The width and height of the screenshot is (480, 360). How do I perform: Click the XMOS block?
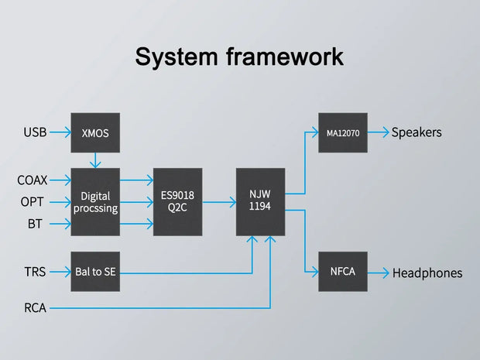pyautogui.click(x=94, y=133)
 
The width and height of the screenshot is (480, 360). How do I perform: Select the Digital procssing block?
pyautogui.click(x=94, y=202)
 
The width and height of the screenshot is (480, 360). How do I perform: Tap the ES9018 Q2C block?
pyautogui.click(x=177, y=202)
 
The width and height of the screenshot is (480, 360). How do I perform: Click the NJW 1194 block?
pyautogui.click(x=260, y=202)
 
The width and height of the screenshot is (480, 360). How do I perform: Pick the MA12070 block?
pyautogui.click(x=342, y=133)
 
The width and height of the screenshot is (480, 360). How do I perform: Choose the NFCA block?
pyautogui.click(x=342, y=272)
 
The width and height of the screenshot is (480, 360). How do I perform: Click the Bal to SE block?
pyautogui.click(x=94, y=272)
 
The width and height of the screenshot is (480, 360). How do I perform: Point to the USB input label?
pyautogui.click(x=35, y=133)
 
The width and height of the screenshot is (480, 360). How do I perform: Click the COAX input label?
pyautogui.click(x=33, y=180)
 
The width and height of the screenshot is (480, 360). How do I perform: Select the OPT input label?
pyautogui.click(x=33, y=202)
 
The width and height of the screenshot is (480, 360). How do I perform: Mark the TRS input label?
pyautogui.click(x=35, y=272)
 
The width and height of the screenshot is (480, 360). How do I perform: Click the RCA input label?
pyautogui.click(x=35, y=308)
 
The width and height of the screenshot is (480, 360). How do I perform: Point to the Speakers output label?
pyautogui.click(x=417, y=132)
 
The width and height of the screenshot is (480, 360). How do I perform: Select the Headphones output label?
pyautogui.click(x=427, y=273)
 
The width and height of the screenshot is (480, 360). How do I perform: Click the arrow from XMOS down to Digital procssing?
pyautogui.click(x=94, y=160)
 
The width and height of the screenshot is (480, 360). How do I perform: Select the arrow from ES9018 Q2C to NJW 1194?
pyautogui.click(x=219, y=202)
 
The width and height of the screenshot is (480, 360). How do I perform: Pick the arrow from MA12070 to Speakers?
pyautogui.click(x=378, y=133)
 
